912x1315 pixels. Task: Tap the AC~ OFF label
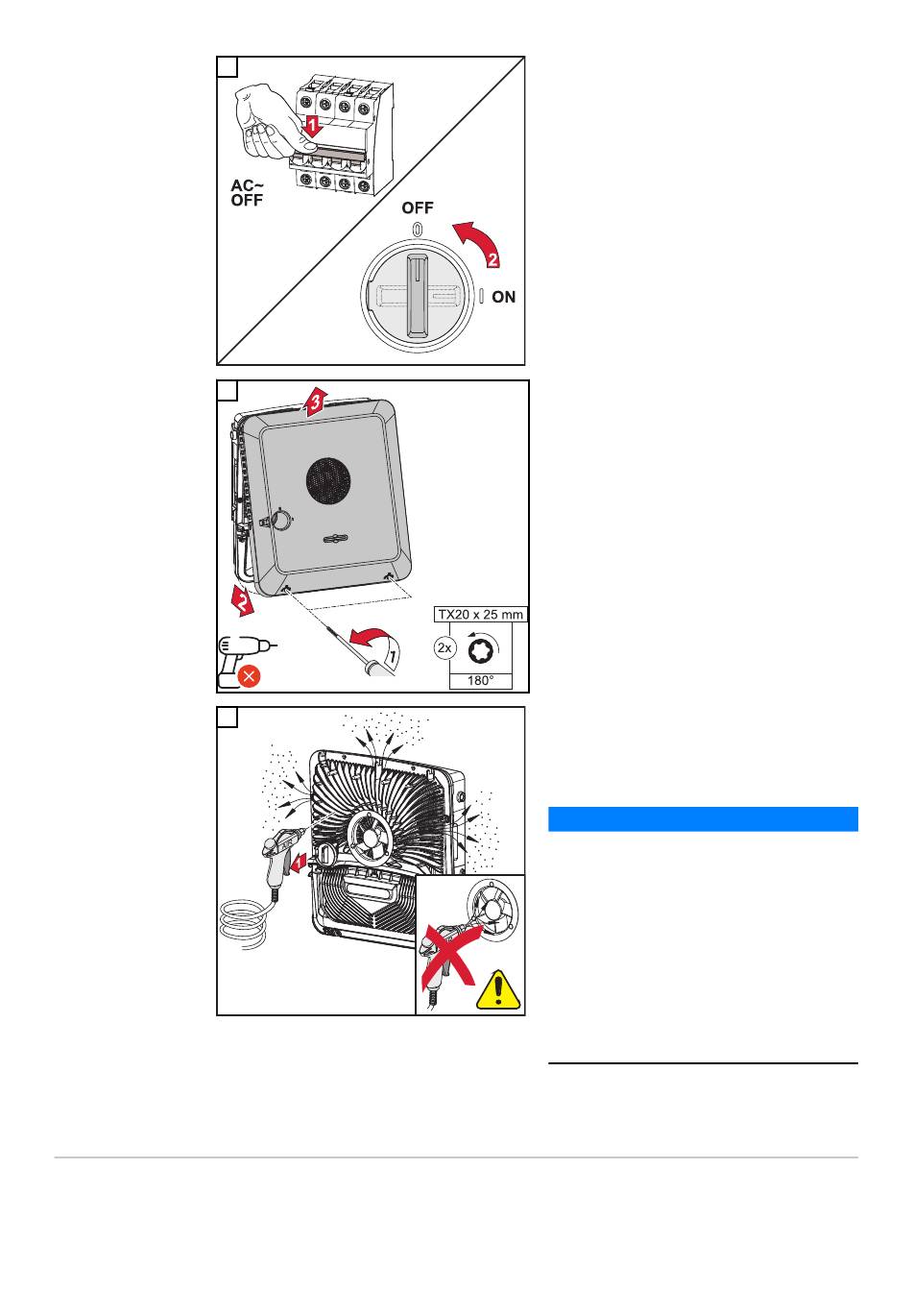pos(247,193)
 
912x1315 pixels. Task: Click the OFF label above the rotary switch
pos(418,207)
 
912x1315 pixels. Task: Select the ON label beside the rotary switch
pos(503,298)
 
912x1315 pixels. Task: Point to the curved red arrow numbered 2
pos(480,245)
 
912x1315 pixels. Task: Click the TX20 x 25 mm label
pos(481,615)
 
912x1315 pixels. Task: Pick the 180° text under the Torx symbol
pos(480,680)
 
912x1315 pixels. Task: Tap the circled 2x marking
pos(444,648)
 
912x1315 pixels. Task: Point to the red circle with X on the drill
pos(248,676)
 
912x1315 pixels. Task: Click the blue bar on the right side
pos(702,818)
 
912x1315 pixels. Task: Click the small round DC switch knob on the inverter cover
pos(281,520)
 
